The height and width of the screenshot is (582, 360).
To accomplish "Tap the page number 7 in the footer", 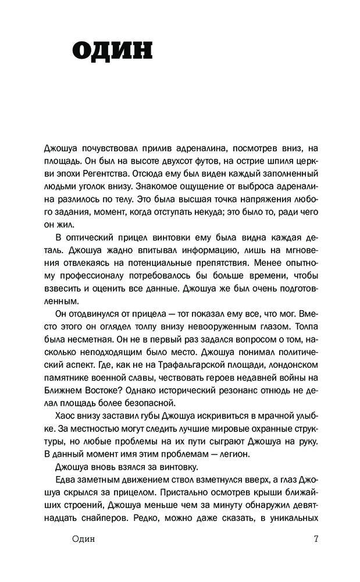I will pos(316,538).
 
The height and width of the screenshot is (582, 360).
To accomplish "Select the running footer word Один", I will pos(82,538).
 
